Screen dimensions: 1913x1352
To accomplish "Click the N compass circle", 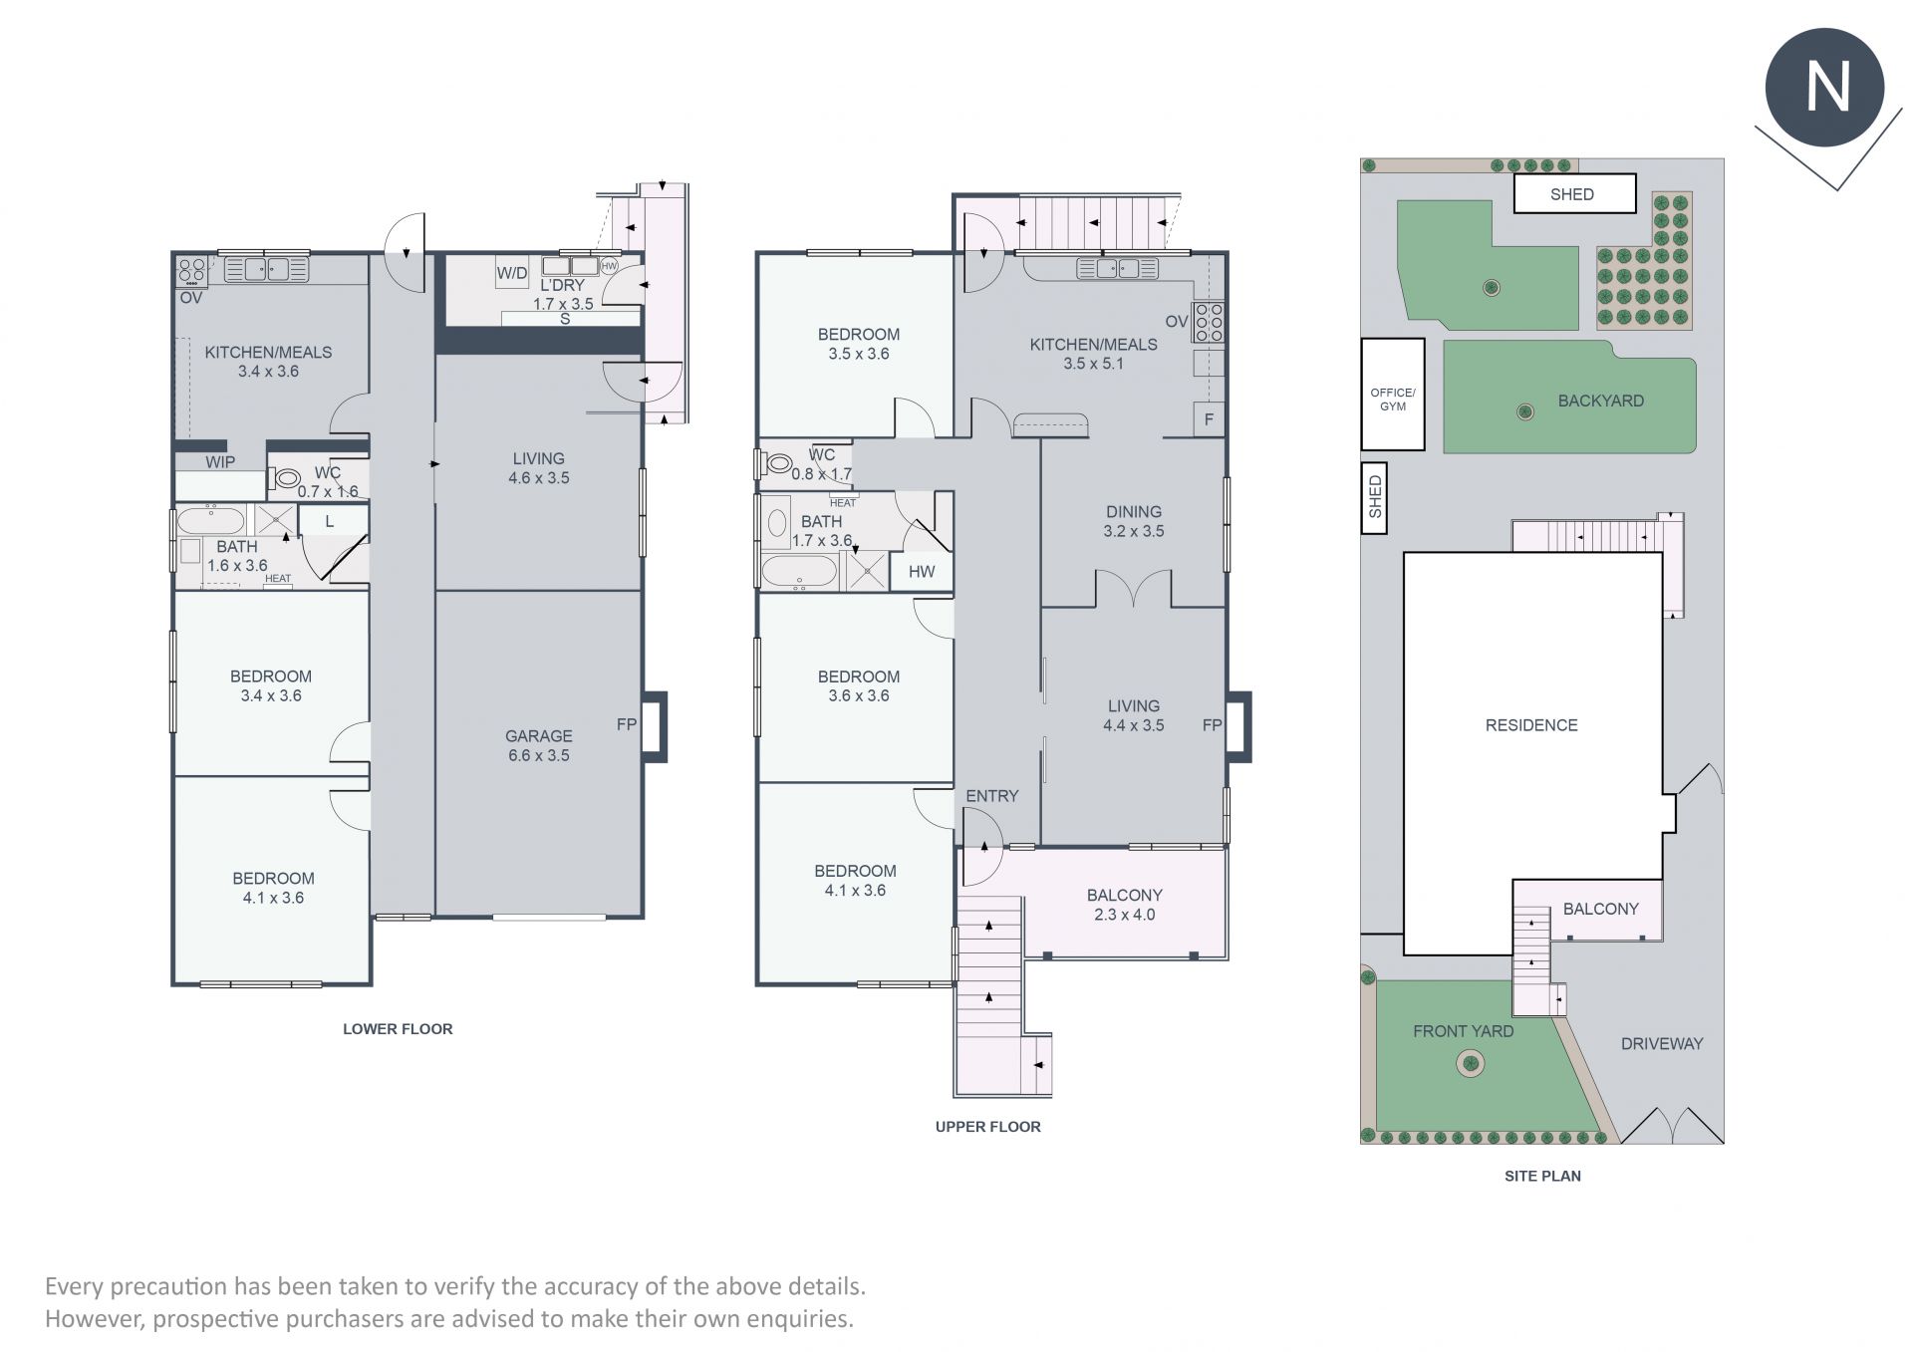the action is coord(1824,88).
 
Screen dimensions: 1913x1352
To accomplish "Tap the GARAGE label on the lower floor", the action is coord(538,736).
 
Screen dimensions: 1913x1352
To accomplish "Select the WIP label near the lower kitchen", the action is coord(220,462).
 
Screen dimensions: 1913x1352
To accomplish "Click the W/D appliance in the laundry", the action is coord(512,272).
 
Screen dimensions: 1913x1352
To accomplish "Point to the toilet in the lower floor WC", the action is coord(283,478).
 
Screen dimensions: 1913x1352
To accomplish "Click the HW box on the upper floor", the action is coord(922,572).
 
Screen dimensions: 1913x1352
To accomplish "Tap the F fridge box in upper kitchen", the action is coord(1209,419).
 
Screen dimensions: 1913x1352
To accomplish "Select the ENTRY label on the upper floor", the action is coord(992,796).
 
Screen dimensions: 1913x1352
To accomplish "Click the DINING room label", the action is coord(1134,512).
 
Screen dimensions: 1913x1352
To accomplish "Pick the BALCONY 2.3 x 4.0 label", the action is coord(1125,905).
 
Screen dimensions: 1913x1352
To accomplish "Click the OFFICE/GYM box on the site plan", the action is coord(1393,394).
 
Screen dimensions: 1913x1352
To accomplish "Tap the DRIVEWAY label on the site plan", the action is coord(1662,1044).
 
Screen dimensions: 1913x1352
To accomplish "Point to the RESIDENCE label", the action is coord(1531,725).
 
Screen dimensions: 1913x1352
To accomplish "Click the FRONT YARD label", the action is coord(1463,1031).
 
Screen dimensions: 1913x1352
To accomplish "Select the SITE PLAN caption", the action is coord(1542,1176).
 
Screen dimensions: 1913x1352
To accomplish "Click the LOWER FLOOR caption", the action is coord(398,1029).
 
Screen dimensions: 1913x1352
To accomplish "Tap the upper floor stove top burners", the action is coord(1209,323).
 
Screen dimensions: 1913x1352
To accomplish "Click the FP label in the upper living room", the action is coord(1212,725).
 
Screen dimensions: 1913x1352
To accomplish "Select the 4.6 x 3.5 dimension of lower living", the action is coord(538,478).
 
